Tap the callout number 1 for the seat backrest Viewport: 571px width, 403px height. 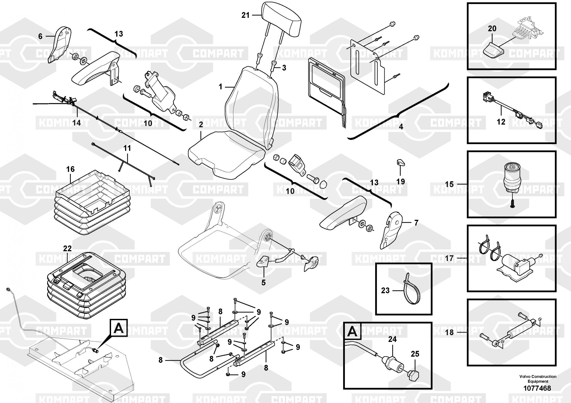pyautogui.click(x=220, y=86)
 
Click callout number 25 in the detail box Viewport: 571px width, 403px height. pyautogui.click(x=415, y=354)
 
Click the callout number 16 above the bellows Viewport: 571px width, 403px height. pyautogui.click(x=70, y=169)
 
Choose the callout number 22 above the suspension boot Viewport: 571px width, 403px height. pyautogui.click(x=67, y=248)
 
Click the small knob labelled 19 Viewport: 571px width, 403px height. pyautogui.click(x=400, y=163)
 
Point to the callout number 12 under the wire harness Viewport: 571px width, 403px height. pyautogui.click(x=501, y=122)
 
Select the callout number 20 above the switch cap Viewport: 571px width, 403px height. pyautogui.click(x=492, y=29)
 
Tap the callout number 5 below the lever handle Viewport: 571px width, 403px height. pyautogui.click(x=264, y=283)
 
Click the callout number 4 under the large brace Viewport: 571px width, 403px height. pyautogui.click(x=401, y=127)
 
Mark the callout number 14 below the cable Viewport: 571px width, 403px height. pyautogui.click(x=76, y=123)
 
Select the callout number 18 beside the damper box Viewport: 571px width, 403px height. pyautogui.click(x=449, y=333)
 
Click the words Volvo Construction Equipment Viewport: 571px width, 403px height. pyautogui.click(x=538, y=379)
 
